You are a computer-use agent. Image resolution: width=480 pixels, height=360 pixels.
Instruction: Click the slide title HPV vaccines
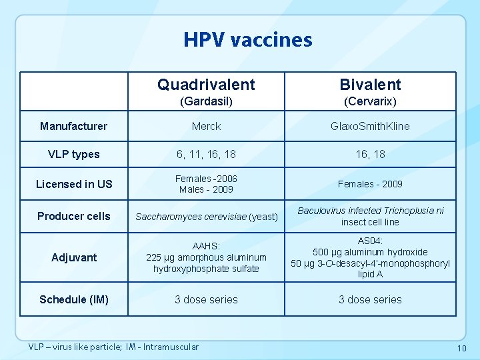[248, 40]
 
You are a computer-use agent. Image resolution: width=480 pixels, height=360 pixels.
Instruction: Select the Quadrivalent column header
[206, 85]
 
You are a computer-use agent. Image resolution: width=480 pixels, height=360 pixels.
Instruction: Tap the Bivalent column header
[370, 85]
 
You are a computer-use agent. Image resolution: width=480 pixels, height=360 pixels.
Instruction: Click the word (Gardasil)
[206, 101]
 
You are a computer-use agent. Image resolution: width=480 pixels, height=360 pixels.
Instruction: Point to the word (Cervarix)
[370, 101]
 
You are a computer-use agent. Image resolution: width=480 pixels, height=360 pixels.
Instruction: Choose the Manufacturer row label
[73, 126]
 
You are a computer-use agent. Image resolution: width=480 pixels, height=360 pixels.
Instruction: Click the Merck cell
[206, 126]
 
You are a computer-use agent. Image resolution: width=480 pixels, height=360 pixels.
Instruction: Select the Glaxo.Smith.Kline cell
[370, 126]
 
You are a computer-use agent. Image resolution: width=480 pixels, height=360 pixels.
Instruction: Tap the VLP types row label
[73, 154]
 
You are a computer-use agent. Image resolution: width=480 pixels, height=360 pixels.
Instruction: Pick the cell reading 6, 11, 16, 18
[206, 154]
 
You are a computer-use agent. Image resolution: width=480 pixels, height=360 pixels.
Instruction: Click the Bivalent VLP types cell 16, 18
[370, 154]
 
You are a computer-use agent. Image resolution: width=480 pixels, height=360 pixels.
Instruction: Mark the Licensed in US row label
[74, 184]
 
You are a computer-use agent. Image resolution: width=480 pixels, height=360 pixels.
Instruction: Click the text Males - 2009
[206, 189]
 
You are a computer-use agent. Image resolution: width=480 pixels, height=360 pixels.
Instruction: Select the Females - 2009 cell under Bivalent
[370, 184]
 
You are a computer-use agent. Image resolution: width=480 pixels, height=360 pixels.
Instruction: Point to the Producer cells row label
[74, 216]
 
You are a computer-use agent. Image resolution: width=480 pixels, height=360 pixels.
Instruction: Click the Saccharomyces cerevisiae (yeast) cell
[206, 217]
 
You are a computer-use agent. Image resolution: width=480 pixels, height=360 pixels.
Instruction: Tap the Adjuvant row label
[74, 257]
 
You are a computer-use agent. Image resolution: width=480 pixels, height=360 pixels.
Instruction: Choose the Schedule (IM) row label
[73, 299]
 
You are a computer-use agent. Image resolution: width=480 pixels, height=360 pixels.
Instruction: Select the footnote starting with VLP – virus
[113, 347]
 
